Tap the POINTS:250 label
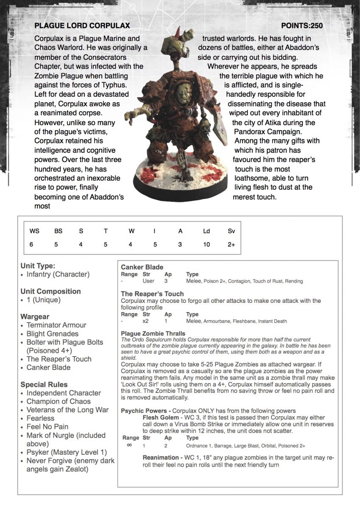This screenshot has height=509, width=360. pos(302,26)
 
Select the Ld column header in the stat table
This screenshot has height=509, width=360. pos(207,231)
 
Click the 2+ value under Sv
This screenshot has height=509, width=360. pos(231,244)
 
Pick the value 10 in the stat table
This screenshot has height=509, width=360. pos(207,244)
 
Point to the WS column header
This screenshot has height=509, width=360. pos(34,231)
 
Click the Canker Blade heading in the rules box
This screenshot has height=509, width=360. pos(142,267)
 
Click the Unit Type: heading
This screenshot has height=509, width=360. pos(38,266)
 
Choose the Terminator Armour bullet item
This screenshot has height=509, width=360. pos(56,325)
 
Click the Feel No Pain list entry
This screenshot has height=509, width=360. pos(47,427)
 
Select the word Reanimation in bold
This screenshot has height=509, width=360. pos(161,458)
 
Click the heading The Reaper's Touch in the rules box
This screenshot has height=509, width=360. pos(152,294)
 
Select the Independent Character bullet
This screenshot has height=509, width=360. pos(64,393)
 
